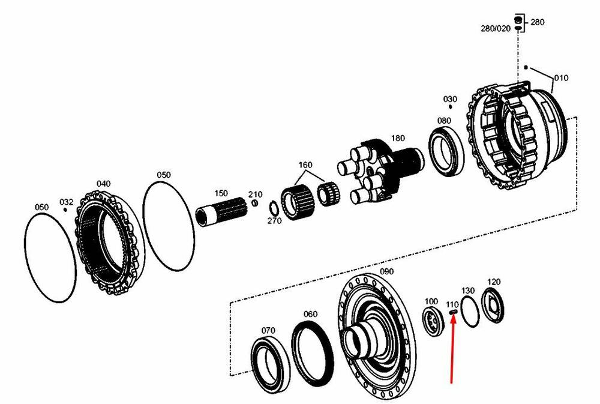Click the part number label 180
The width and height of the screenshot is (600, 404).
pos(398,138)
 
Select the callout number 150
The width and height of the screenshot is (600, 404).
pos(221,193)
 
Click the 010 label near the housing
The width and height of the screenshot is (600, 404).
pos(560,78)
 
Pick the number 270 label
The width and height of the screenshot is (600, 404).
pos(274,221)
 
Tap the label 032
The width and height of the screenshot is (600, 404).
pos(66,202)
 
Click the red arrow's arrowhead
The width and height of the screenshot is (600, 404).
pos(454,317)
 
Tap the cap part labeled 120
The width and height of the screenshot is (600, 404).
pos(494,306)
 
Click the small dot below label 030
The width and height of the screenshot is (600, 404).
pos(451,108)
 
